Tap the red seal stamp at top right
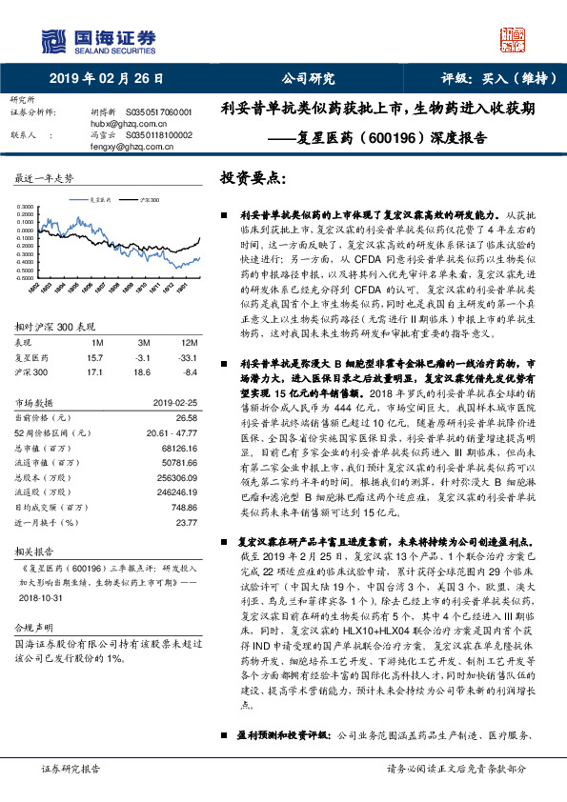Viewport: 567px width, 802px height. (517, 37)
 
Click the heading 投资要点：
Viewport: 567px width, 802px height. (253, 178)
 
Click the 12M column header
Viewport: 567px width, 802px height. (188, 341)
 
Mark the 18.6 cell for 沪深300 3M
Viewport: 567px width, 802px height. (145, 371)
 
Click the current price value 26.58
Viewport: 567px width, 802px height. (187, 417)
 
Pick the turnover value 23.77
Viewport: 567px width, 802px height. (187, 522)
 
